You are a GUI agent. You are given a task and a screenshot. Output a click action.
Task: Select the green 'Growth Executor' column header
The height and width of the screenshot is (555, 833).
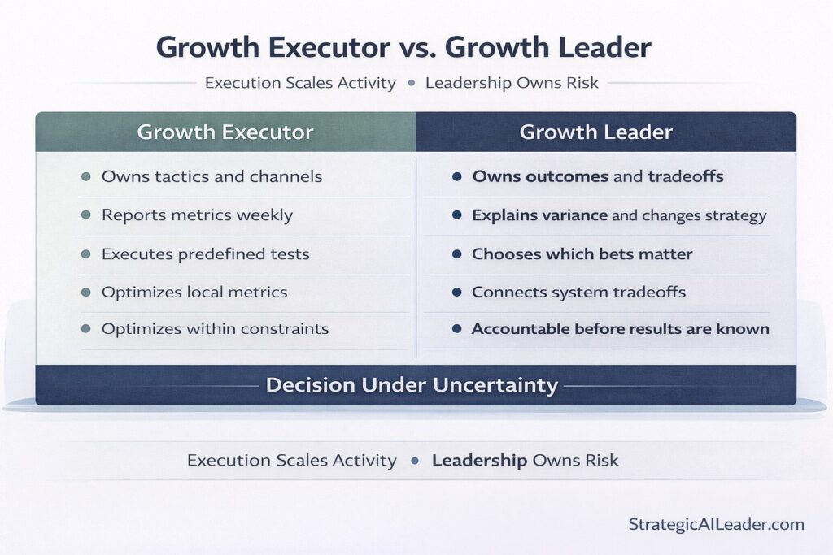click(x=225, y=132)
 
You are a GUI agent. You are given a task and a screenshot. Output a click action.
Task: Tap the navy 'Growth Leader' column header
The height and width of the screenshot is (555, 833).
click(x=596, y=132)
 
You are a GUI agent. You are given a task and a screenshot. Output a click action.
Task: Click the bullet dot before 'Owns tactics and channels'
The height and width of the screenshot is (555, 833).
click(x=86, y=177)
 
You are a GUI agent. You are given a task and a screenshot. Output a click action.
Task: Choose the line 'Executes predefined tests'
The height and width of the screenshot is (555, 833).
click(x=205, y=254)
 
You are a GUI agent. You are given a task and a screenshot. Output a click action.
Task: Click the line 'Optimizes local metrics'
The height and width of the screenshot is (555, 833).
click(x=194, y=292)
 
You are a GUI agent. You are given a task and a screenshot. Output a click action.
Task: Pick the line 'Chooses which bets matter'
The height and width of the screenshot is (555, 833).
click(x=582, y=254)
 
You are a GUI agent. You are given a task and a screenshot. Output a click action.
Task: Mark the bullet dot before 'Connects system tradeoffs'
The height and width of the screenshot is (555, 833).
click(x=457, y=292)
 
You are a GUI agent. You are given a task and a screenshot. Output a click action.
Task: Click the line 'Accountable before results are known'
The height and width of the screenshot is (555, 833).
click(x=620, y=329)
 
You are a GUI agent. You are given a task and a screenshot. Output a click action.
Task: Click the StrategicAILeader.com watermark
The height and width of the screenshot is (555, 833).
click(x=716, y=524)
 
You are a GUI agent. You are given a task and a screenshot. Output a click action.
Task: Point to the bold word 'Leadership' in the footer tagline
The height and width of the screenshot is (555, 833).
click(x=479, y=461)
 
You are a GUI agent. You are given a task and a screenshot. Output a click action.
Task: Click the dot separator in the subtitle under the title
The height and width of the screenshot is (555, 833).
click(x=411, y=83)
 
